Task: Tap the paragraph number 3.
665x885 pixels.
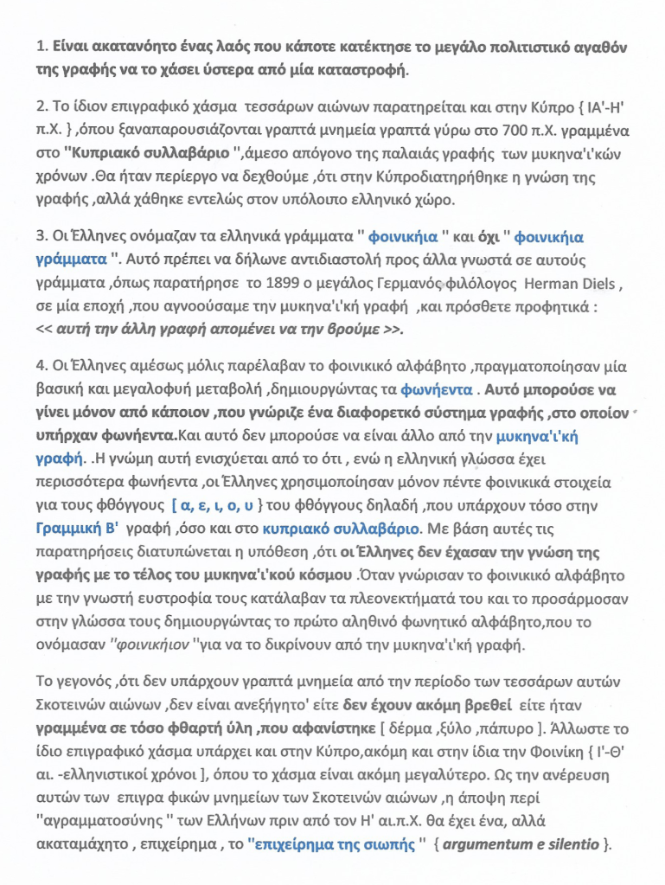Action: click(40, 236)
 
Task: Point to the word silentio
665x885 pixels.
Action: click(574, 843)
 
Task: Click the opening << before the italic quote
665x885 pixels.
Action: click(46, 330)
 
